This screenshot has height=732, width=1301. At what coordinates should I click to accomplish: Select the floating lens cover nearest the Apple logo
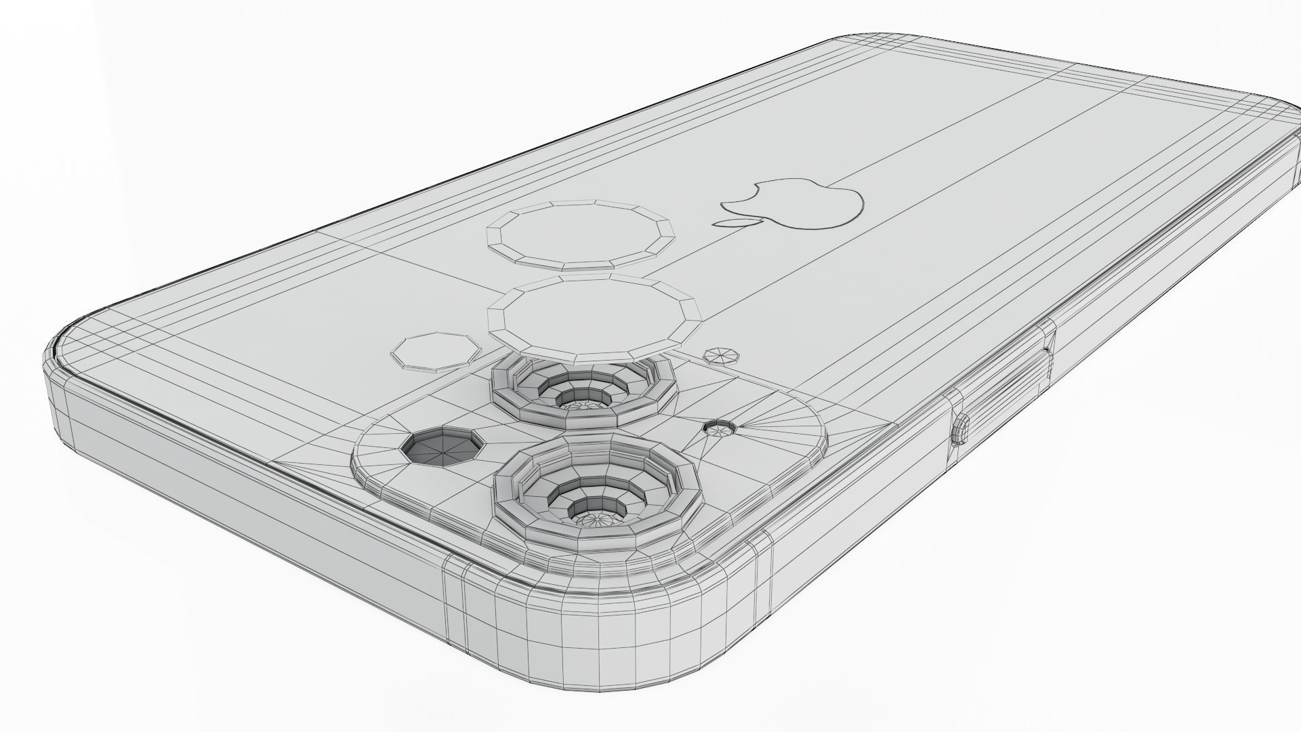[581, 235]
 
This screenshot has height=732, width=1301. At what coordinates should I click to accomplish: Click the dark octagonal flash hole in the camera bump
[442, 447]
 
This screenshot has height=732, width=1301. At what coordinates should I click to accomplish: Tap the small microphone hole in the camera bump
[720, 428]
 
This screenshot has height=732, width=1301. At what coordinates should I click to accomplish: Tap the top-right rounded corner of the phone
[1281, 122]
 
